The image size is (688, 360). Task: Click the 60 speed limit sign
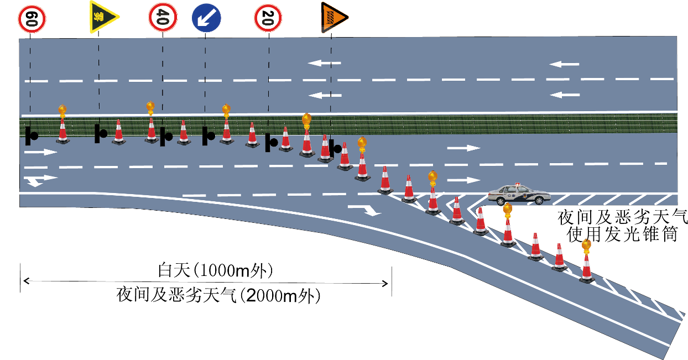(x=32, y=19)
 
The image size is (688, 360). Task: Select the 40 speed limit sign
(x=162, y=18)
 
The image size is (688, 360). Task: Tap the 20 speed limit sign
(x=269, y=18)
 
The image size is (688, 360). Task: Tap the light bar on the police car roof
(x=517, y=184)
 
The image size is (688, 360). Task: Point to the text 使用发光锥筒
(x=622, y=234)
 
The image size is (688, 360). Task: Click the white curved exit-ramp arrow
(x=366, y=209)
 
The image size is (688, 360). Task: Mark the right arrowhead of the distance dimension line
(x=386, y=283)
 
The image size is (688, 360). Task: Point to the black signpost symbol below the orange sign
(x=335, y=148)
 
